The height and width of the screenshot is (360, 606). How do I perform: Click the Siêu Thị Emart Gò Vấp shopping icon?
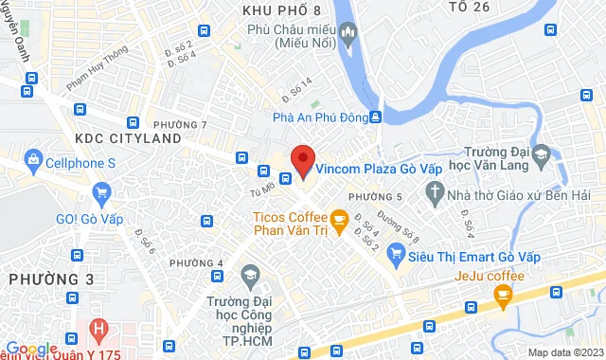[x=395, y=255]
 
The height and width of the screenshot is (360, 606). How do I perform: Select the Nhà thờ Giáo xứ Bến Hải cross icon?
[x=436, y=195]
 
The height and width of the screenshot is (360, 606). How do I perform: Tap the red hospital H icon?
[x=97, y=331]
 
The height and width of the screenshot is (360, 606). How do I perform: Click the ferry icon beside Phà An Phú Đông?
[x=376, y=117]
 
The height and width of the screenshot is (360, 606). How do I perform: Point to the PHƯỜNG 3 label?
[x=50, y=279]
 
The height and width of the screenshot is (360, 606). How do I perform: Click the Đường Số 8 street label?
[x=391, y=226]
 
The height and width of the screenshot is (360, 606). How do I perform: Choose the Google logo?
[x=32, y=349]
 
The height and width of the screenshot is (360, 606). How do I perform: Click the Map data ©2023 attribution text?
[x=563, y=352]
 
